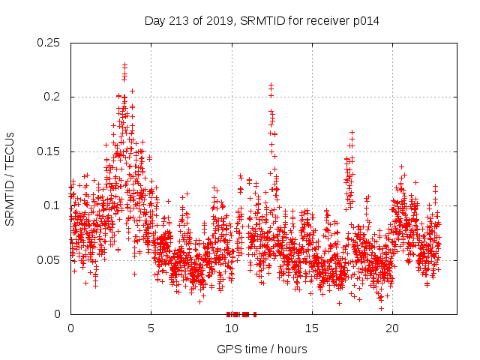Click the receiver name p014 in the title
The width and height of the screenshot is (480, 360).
[x=364, y=21]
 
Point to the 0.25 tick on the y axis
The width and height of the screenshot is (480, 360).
[x=49, y=43]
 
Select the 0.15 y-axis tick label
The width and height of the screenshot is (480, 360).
[x=49, y=151]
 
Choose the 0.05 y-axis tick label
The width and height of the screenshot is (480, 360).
[x=49, y=260]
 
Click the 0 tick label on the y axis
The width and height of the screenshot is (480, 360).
[x=58, y=314]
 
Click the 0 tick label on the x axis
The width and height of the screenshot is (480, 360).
[x=70, y=328]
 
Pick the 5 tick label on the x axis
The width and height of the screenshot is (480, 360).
[x=151, y=328]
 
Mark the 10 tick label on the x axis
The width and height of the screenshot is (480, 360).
[x=231, y=328]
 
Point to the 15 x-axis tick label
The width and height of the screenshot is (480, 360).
[x=311, y=328]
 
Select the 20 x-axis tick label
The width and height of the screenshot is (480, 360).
[x=391, y=328]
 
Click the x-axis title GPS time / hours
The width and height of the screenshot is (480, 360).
[x=262, y=349]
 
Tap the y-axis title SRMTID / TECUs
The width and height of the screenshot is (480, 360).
[x=10, y=178]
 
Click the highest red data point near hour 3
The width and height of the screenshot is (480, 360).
[x=124, y=65]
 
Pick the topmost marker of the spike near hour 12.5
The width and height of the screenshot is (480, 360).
[x=271, y=85]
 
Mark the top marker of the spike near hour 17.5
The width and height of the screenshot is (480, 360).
[x=352, y=133]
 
